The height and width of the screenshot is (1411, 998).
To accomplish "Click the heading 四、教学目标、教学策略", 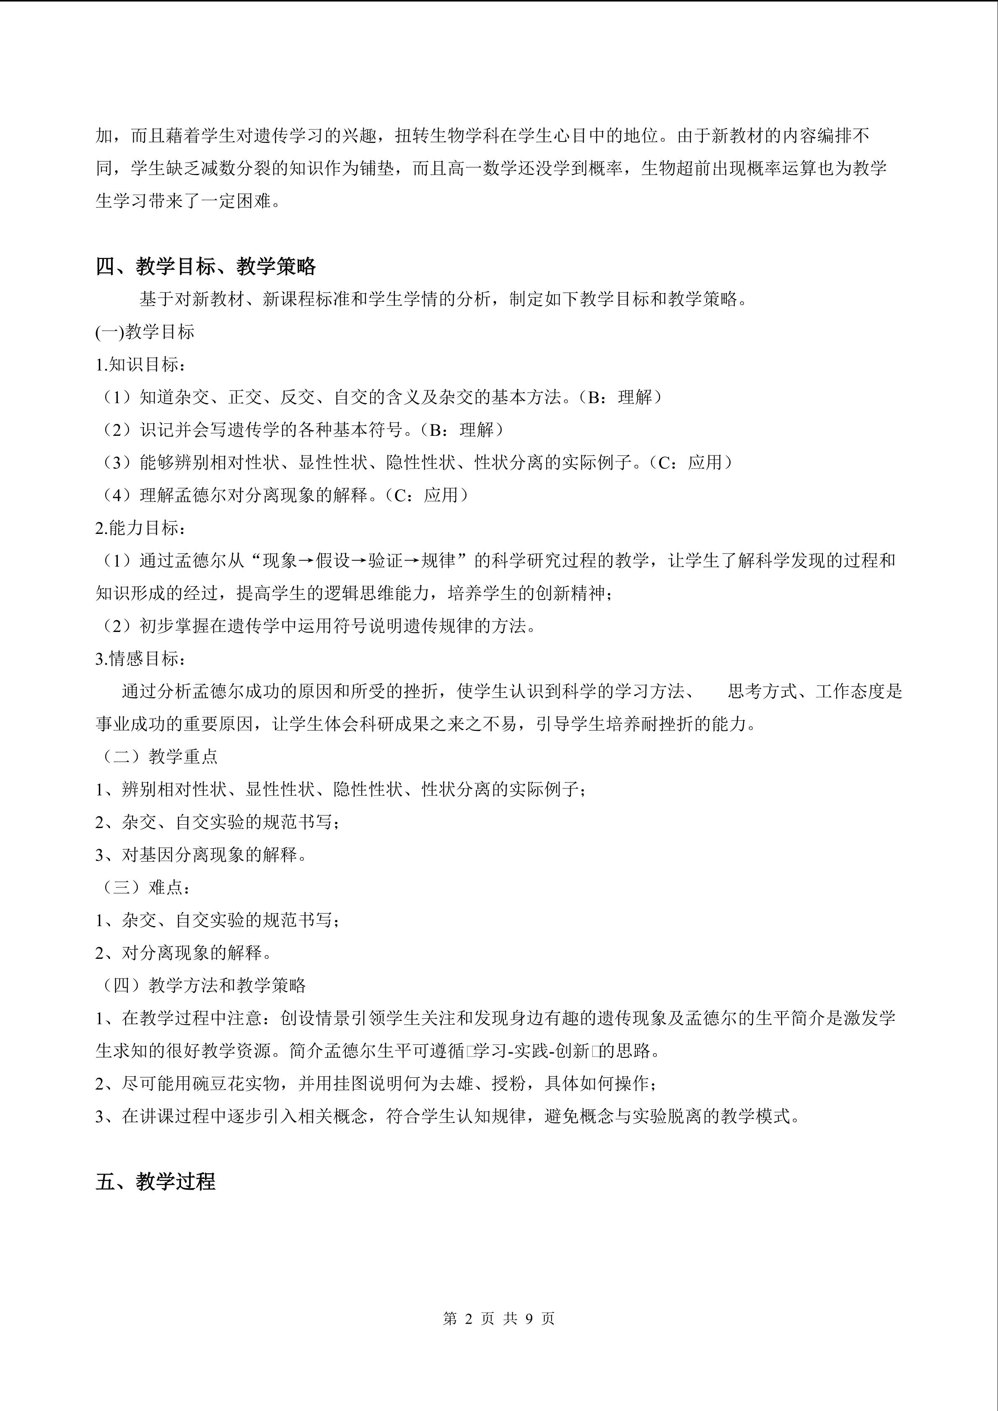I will (x=205, y=267).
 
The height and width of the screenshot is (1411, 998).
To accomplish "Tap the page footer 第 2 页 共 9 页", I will (x=498, y=1318).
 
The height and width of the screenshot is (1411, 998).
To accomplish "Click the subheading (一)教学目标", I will (x=145, y=332).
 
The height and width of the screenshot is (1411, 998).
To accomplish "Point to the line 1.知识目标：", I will (x=141, y=365).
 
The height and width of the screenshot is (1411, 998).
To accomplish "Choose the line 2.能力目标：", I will (x=141, y=527).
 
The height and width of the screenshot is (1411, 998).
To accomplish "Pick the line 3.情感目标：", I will (x=141, y=658).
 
